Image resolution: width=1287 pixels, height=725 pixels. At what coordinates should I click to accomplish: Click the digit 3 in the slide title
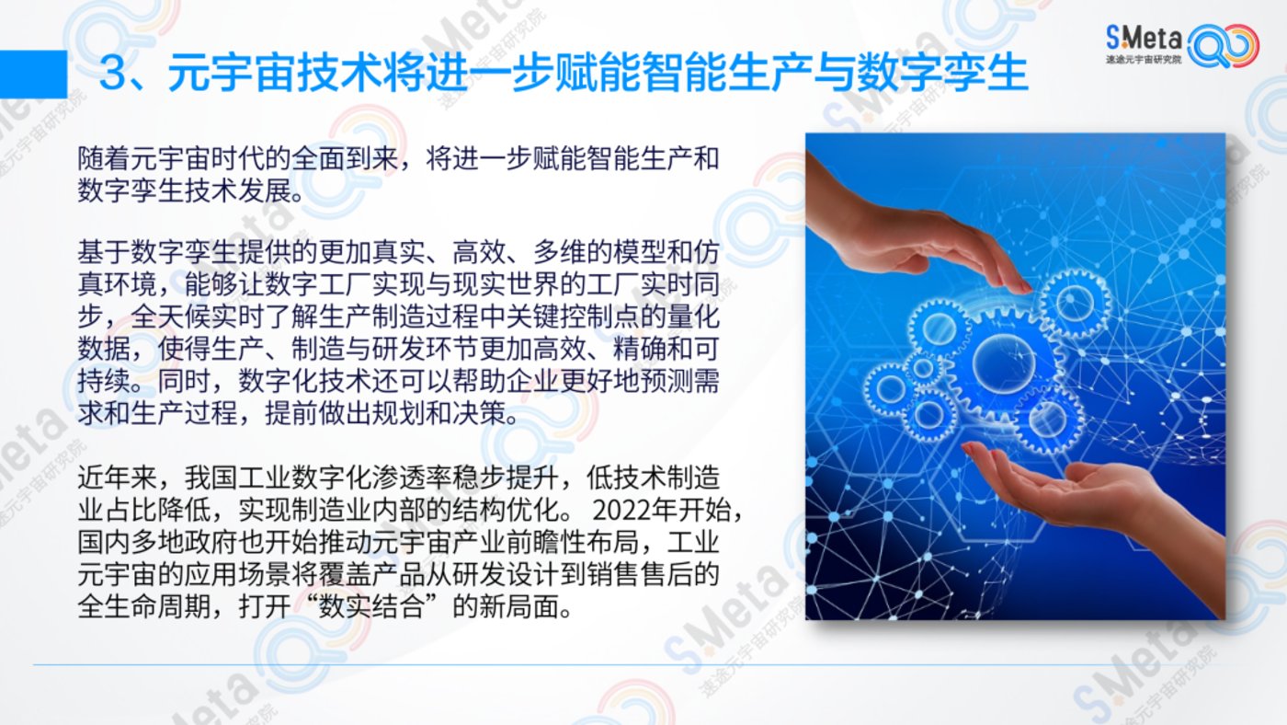(120, 74)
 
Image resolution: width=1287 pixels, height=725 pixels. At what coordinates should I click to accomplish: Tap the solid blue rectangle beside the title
(33, 75)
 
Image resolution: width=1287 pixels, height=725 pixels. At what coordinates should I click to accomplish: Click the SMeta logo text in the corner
(1144, 39)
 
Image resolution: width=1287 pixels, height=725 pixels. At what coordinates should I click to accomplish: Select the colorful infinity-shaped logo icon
(1223, 45)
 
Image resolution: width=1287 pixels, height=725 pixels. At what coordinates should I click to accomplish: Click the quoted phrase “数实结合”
(370, 606)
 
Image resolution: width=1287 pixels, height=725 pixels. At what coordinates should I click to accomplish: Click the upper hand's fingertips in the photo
(1019, 283)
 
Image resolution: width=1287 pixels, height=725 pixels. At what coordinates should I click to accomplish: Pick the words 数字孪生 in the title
(942, 74)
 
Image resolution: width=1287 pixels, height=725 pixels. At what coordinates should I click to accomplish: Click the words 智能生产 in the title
(685, 74)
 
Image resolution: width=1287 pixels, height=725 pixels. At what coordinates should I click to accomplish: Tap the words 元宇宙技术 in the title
(275, 74)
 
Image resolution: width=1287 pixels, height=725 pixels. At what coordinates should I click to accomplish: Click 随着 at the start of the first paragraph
(104, 158)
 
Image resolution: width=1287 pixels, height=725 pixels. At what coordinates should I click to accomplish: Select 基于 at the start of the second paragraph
(104, 252)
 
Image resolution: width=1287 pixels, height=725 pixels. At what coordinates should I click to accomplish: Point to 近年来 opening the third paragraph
(118, 478)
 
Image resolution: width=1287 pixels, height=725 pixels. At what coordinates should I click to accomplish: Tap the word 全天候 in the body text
(171, 316)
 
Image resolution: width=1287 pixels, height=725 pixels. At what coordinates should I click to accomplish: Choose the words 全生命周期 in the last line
(144, 606)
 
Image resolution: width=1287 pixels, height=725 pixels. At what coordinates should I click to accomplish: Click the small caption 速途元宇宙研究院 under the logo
(1144, 59)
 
